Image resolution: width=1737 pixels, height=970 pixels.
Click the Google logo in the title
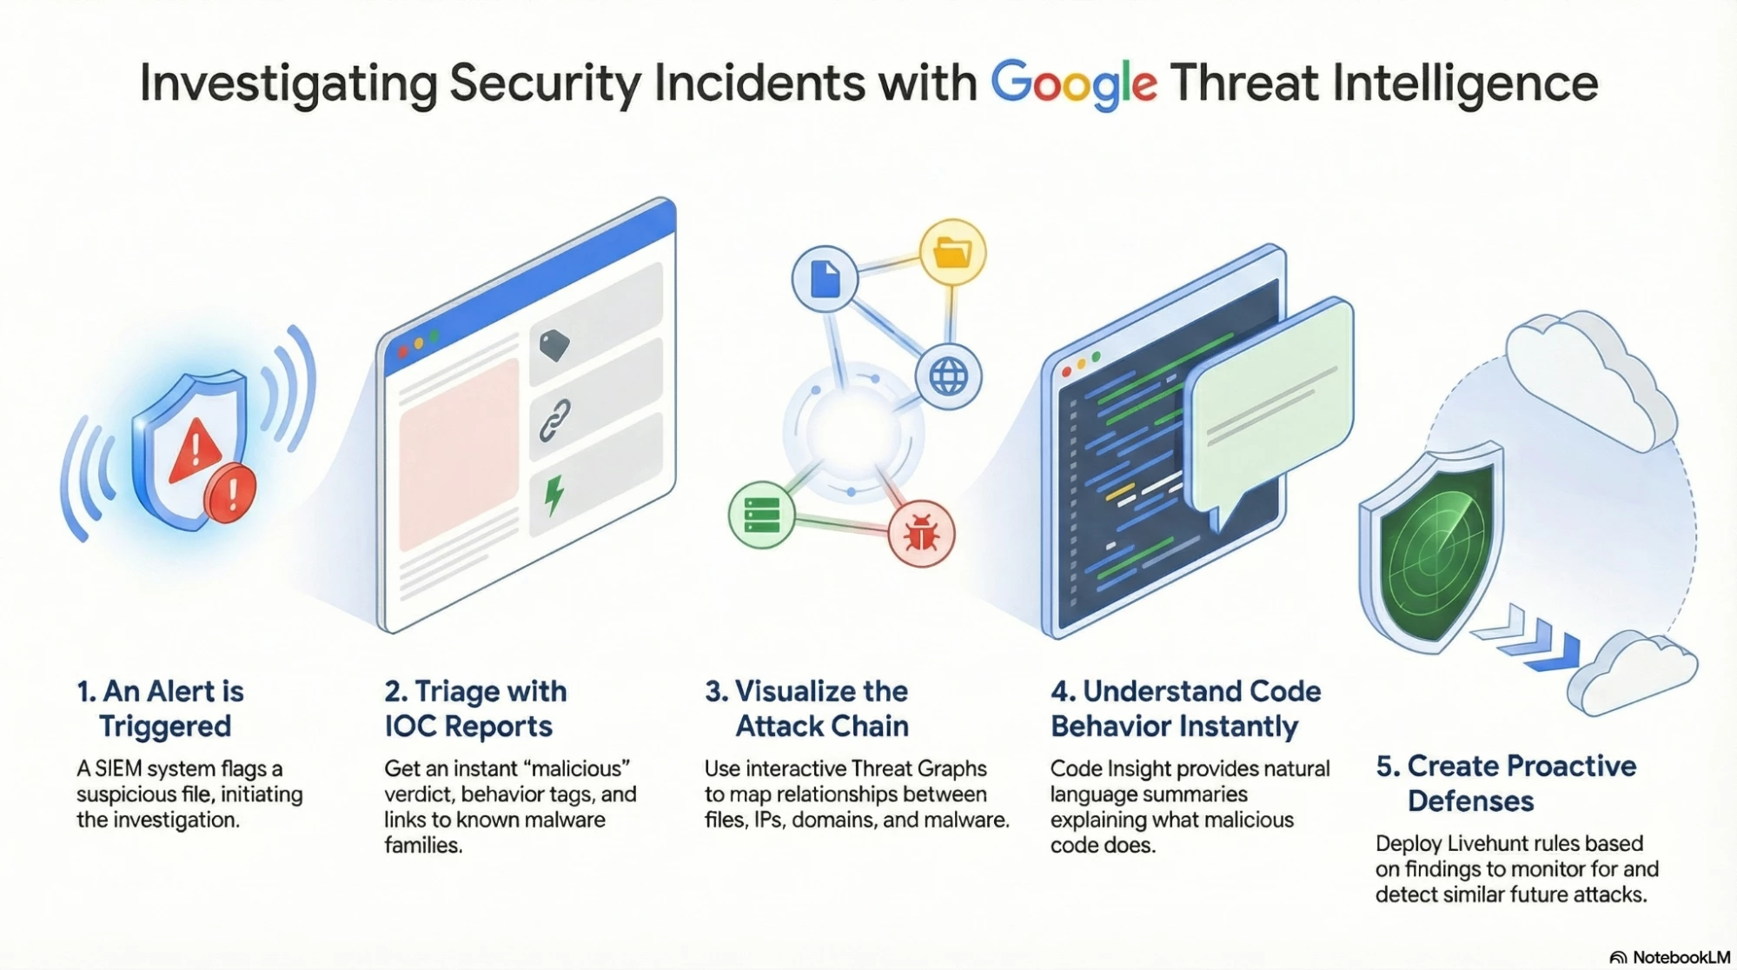pos(1074,84)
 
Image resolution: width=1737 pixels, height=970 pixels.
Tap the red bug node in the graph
pos(921,534)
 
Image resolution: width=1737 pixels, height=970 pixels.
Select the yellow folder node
pos(952,253)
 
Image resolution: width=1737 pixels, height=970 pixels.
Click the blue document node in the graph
pos(825,279)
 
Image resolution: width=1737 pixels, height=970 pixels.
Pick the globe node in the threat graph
pos(948,377)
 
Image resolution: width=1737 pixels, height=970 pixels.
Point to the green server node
pos(762,515)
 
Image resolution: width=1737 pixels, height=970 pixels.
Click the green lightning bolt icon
pos(554,495)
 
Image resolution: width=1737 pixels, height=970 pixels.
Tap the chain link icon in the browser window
pos(555,421)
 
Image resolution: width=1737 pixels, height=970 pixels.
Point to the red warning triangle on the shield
pos(196,450)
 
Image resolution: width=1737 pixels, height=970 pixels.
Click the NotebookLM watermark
pos(1669,957)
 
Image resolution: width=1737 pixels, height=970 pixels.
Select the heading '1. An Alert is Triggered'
pos(161,708)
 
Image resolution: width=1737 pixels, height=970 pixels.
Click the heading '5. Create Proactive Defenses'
pos(1507,783)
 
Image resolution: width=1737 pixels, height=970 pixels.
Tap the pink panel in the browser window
pos(459,455)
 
